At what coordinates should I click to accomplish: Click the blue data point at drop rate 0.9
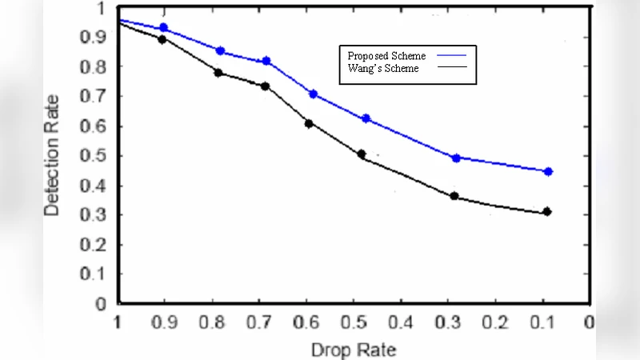164,28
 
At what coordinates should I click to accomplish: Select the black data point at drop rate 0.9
162,39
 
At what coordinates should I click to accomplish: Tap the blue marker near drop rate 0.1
548,171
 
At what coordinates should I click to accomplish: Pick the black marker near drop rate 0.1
547,212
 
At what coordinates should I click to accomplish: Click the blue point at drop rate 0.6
314,94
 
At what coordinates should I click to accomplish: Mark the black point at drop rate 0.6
309,123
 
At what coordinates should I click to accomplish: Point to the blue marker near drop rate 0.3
456,158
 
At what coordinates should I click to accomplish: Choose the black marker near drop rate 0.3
454,196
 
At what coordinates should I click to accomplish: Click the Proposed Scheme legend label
386,56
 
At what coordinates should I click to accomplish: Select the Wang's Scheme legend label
383,69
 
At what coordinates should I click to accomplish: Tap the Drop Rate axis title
354,350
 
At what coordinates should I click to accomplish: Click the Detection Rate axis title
52,166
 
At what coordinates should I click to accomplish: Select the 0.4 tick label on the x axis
401,322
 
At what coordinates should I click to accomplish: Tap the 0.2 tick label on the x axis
495,322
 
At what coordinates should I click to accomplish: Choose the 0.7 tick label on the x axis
259,322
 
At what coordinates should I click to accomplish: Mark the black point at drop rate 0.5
362,154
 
